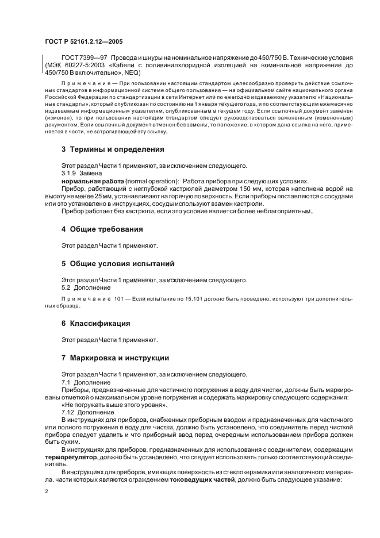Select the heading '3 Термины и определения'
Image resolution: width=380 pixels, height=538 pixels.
click(x=113, y=149)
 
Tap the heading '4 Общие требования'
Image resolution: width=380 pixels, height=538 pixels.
click(x=102, y=229)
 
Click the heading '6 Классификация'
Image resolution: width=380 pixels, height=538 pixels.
click(x=96, y=323)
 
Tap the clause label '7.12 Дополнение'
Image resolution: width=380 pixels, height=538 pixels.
click(x=87, y=412)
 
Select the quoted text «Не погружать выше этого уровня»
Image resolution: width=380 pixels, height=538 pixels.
click(x=115, y=405)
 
